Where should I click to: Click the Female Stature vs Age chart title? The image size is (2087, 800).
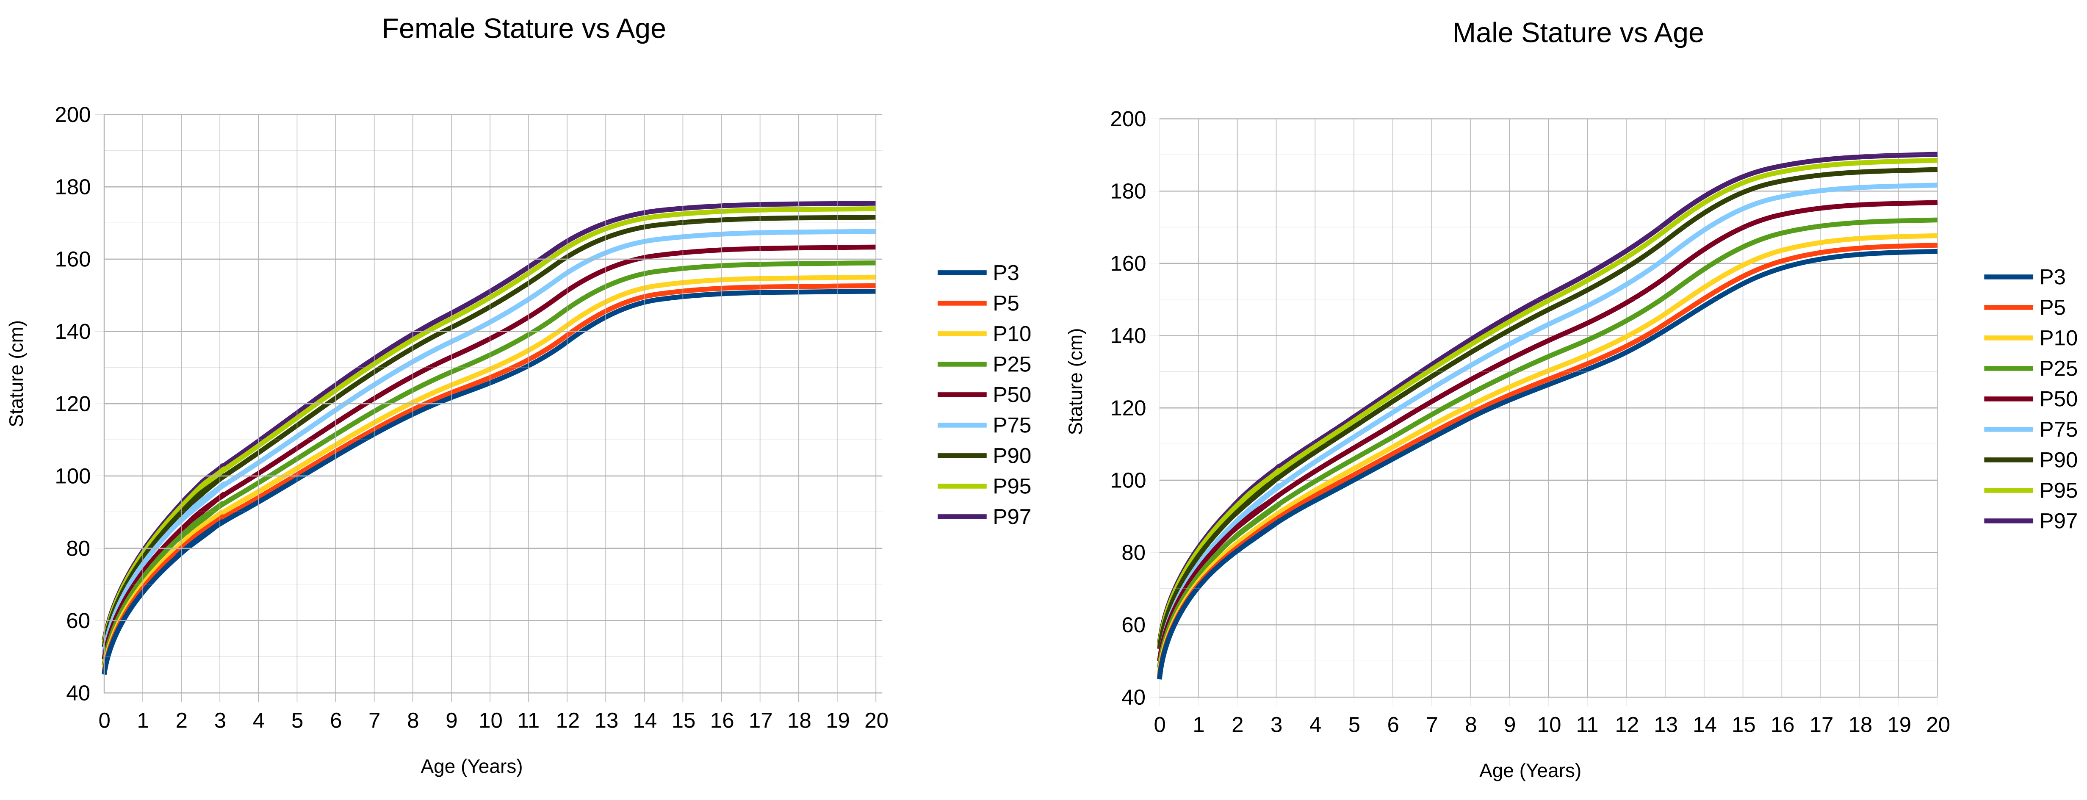click(523, 29)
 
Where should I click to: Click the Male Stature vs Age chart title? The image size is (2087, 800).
click(1578, 33)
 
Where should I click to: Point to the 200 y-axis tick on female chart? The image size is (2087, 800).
click(73, 115)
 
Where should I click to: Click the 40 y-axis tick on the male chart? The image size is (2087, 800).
click(1133, 697)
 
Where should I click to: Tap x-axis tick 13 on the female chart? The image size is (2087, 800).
click(606, 720)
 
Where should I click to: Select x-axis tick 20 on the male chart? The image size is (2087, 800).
click(1937, 725)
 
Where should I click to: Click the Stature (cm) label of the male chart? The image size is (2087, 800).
click(1076, 381)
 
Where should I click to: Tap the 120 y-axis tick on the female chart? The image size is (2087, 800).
click(73, 404)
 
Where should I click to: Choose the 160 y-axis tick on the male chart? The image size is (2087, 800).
click(1128, 263)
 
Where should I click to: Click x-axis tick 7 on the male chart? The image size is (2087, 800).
click(1431, 725)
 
